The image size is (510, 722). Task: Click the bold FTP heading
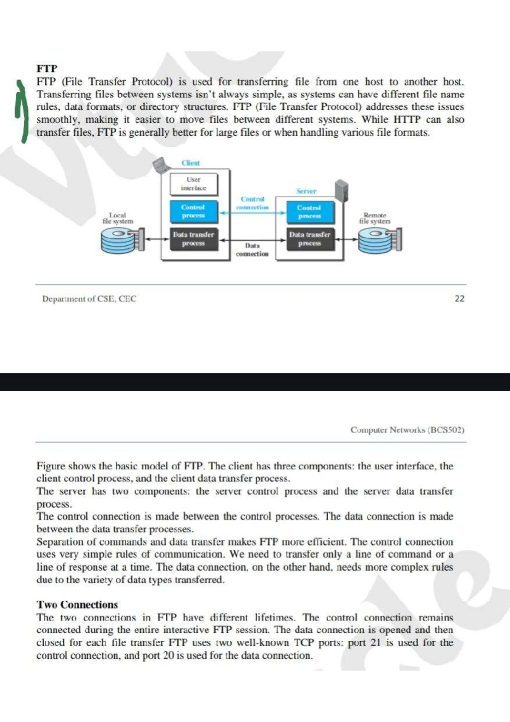[x=47, y=68]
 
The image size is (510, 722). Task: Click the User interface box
[x=193, y=184]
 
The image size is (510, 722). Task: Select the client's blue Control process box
[x=193, y=211]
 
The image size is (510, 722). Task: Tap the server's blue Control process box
[x=309, y=212]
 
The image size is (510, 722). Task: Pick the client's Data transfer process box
[x=193, y=239]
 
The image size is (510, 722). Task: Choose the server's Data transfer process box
[x=309, y=239]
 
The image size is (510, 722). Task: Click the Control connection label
[x=252, y=203]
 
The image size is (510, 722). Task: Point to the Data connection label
[x=252, y=250]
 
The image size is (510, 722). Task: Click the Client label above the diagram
[x=190, y=163]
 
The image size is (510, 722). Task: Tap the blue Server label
[x=306, y=191]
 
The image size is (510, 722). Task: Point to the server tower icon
[x=341, y=190]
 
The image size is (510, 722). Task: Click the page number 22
[x=459, y=298]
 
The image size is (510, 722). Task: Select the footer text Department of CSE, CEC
[x=89, y=299]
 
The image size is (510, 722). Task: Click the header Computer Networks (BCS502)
[x=407, y=430]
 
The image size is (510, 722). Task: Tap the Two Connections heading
[x=77, y=605]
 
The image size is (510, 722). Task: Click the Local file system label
[x=118, y=218]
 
